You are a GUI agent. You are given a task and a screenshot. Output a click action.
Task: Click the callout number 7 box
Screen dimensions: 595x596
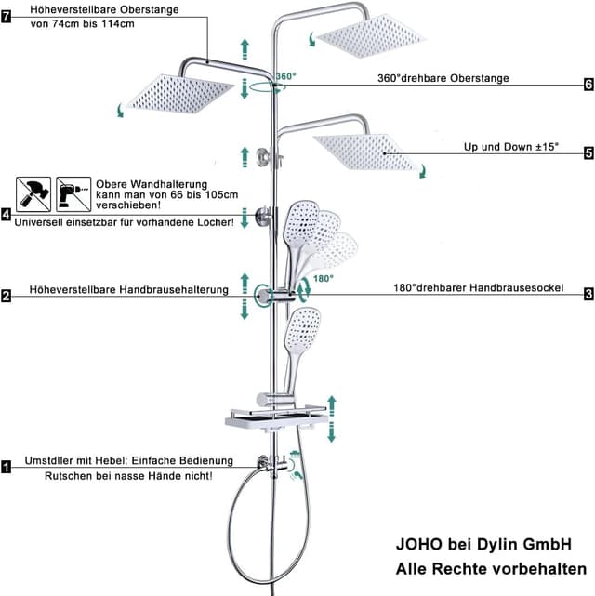(x=7, y=17)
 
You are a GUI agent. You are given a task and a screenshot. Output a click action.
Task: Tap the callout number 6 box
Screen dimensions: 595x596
(x=588, y=84)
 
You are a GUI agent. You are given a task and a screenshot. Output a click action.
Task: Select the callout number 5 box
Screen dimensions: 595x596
(x=588, y=153)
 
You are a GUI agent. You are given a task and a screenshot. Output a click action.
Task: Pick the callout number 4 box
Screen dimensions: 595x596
(x=6, y=215)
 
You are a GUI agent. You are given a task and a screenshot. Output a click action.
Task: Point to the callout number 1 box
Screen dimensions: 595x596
(x=7, y=467)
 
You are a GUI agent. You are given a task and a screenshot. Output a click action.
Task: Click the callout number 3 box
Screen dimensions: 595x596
(x=588, y=294)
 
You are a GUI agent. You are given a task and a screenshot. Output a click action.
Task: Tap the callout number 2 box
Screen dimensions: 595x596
(x=6, y=296)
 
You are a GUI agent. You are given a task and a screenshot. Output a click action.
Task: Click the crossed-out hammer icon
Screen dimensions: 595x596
(x=33, y=194)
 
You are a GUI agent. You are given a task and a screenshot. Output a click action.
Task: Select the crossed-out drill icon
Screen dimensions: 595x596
(x=73, y=194)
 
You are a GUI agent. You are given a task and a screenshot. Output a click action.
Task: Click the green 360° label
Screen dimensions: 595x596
(x=285, y=76)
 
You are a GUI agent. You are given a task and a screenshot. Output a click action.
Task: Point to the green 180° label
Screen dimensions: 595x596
(x=324, y=279)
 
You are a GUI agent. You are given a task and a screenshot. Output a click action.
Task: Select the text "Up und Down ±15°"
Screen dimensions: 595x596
(x=511, y=147)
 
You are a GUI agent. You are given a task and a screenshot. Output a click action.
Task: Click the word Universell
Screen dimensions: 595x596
(x=38, y=222)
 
